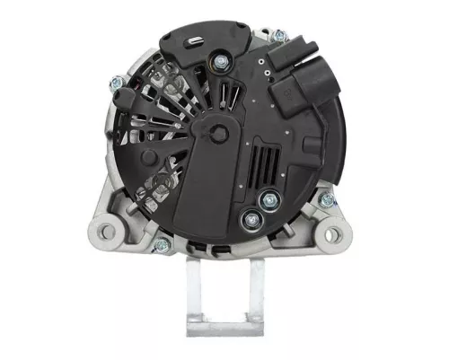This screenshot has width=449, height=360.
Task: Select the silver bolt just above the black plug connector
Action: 278,36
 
